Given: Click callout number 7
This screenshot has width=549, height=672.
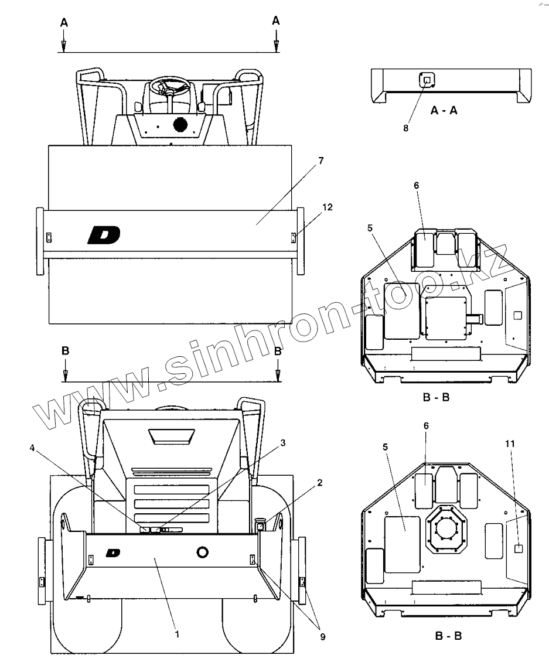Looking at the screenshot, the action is pos(320,160).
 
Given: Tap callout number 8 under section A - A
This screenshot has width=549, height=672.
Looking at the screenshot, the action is pos(405,127).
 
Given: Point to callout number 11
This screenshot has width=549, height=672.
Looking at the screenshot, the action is pos(510,443).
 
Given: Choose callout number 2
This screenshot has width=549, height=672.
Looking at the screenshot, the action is pos(319,483).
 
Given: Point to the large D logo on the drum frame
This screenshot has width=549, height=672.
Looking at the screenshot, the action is pos(104,235).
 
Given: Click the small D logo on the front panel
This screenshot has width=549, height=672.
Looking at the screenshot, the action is pos(113,552).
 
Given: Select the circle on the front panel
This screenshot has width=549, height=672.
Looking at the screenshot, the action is pos(203,552).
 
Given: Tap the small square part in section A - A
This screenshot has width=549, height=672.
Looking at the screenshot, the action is pos(426,80).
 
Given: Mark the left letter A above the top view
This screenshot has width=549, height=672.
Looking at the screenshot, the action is pos(64,22).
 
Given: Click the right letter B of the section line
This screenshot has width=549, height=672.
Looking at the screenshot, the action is pos(278,352).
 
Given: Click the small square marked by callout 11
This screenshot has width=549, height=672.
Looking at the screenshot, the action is pos(518,549).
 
